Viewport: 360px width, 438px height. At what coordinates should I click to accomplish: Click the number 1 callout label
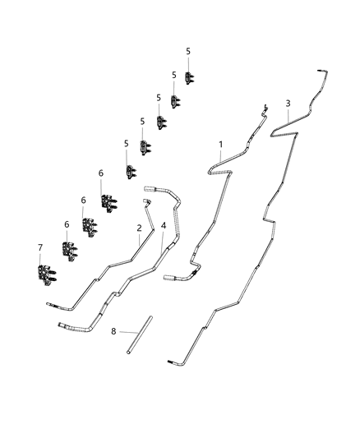pyautogui.click(x=220, y=145)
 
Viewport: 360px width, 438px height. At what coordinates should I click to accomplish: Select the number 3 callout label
pyautogui.click(x=288, y=103)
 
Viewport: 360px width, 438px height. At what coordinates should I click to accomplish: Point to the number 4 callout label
pyautogui.click(x=164, y=224)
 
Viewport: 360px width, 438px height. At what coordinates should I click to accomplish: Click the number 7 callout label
pyautogui.click(x=39, y=247)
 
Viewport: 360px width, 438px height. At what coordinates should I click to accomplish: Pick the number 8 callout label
pyautogui.click(x=113, y=332)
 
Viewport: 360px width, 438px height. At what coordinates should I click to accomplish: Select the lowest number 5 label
pyautogui.click(x=127, y=143)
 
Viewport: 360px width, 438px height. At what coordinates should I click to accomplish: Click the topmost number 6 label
pyautogui.click(x=101, y=173)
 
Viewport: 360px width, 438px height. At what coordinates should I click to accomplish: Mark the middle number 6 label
pyautogui.click(x=83, y=200)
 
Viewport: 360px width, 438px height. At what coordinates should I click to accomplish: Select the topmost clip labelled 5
pyautogui.click(x=189, y=77)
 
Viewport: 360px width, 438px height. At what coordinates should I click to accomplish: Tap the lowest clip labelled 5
pyautogui.click(x=132, y=171)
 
